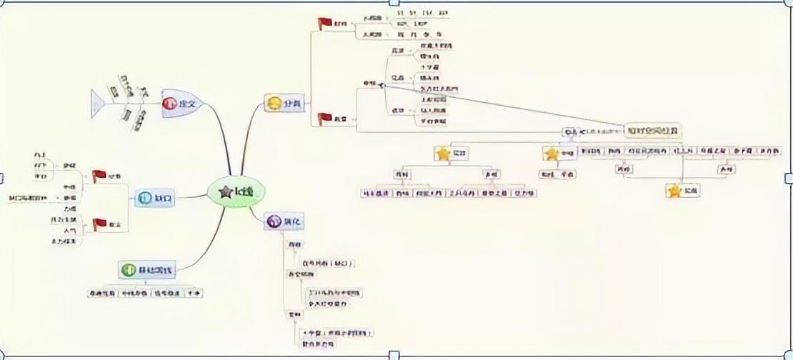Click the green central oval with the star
tap(235, 191)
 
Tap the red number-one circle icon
tap(171, 104)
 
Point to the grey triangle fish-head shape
tap(99, 103)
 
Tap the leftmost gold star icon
tap(443, 153)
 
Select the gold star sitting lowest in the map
tap(674, 191)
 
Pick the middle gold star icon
tap(551, 153)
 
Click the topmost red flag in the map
tap(325, 24)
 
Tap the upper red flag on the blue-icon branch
tap(99, 176)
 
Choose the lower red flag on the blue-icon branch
tap(99, 224)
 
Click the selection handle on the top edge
tap(393, 3)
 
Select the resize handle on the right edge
tap(789, 178)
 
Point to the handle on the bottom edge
tap(393, 355)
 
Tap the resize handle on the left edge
tap(3, 178)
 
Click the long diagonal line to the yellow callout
tap(500, 106)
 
